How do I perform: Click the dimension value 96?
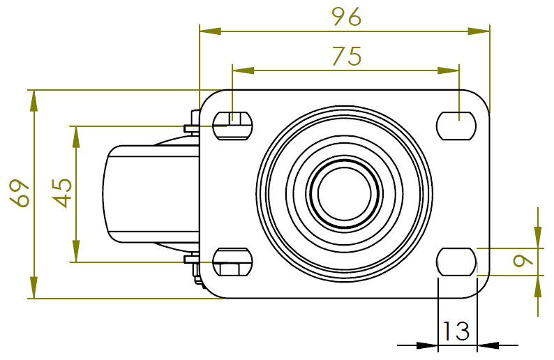pos(346,17)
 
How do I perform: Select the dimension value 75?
pos(346,56)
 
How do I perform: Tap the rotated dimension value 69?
pos(20,193)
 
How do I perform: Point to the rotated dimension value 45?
pos(62,193)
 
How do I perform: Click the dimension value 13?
pos(457,331)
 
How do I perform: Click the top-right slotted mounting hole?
pos(457,126)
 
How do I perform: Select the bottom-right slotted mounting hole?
pos(457,262)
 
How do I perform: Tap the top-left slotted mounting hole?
pos(232,126)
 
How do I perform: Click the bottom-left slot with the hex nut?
pos(232,262)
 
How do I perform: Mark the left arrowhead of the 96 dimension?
pos(210,31)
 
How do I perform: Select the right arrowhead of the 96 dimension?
pos(479,31)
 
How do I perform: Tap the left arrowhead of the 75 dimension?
pos(242,70)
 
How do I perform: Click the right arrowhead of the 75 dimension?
pos(449,70)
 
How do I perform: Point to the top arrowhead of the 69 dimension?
pos(33,100)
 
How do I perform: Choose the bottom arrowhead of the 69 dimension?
pos(33,288)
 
